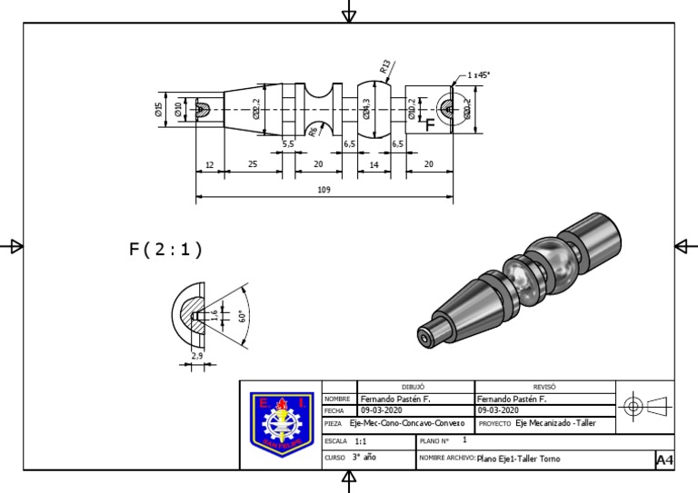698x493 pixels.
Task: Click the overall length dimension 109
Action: tap(324, 190)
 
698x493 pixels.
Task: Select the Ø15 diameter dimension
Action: tap(159, 110)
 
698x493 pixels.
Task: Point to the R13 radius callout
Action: tap(385, 66)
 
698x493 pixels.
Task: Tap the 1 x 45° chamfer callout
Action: tap(478, 75)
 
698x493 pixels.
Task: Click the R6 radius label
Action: tap(313, 132)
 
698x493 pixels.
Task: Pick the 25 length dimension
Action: tap(252, 163)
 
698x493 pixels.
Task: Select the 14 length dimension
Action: tap(373, 163)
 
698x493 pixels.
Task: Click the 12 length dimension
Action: tap(209, 163)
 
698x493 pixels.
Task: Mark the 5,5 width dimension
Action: tap(288, 143)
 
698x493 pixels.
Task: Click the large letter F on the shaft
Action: tap(430, 126)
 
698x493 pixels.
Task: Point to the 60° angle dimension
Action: tap(242, 316)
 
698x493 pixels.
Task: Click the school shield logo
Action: tap(283, 424)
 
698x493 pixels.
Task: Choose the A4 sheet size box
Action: tap(664, 461)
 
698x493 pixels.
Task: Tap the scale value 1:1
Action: tap(362, 441)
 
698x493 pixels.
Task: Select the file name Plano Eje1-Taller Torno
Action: tap(519, 458)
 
